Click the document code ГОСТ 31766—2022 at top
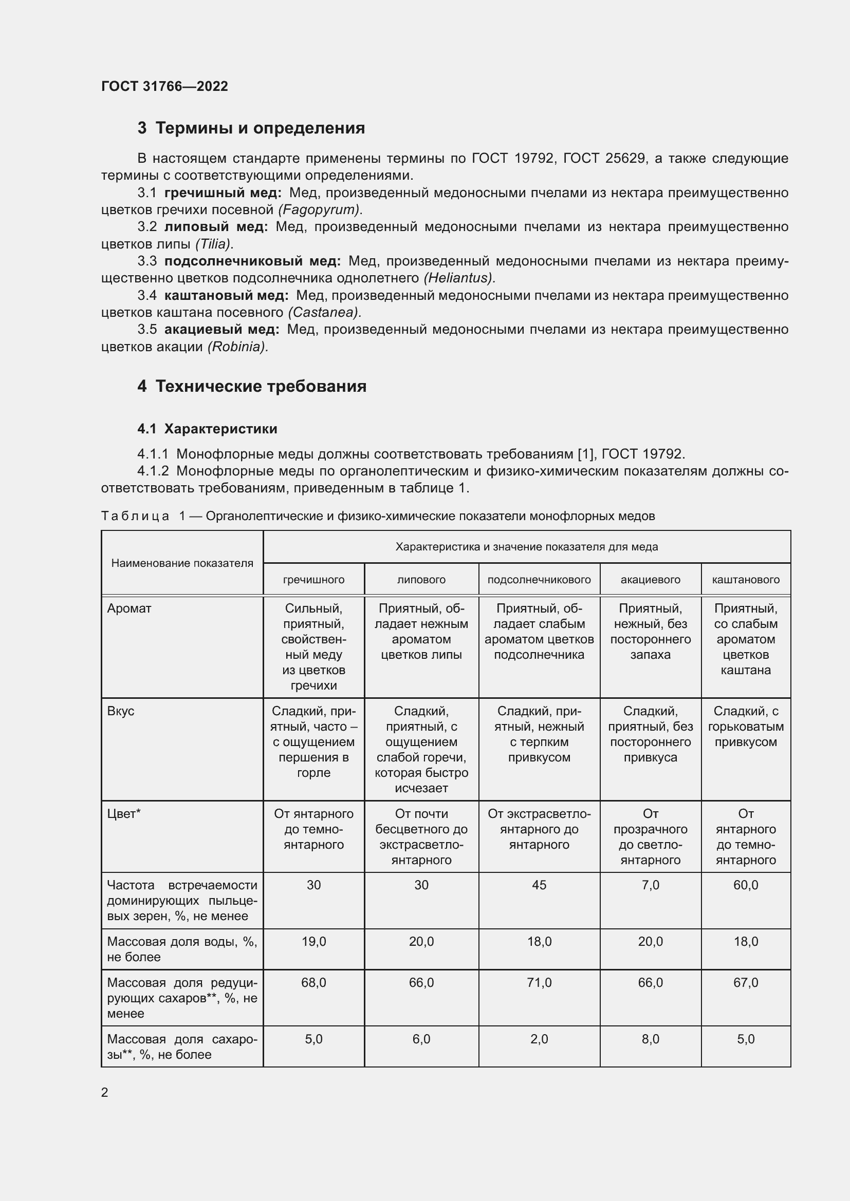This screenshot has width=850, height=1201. tap(164, 86)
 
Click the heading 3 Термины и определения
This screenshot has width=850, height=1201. tap(251, 128)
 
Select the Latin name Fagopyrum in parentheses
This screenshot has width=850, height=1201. tap(319, 210)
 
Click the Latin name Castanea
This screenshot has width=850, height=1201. tap(324, 313)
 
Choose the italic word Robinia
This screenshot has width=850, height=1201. tap(237, 347)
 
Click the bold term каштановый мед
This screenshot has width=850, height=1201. tap(226, 296)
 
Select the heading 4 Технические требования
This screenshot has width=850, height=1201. tap(252, 387)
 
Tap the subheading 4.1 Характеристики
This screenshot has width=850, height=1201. tap(207, 429)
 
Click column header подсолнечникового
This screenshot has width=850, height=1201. tap(539, 580)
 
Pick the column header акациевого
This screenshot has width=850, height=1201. tap(650, 580)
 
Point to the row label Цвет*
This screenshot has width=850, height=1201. tap(124, 813)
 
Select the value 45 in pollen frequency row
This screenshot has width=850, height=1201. tap(539, 885)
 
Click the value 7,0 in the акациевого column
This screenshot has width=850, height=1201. tap(650, 885)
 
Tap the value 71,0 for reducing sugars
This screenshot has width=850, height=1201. tap(539, 983)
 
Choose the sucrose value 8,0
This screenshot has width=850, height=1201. tap(650, 1039)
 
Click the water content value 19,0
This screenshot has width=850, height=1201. tap(313, 942)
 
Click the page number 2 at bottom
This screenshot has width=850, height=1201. tap(105, 1092)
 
